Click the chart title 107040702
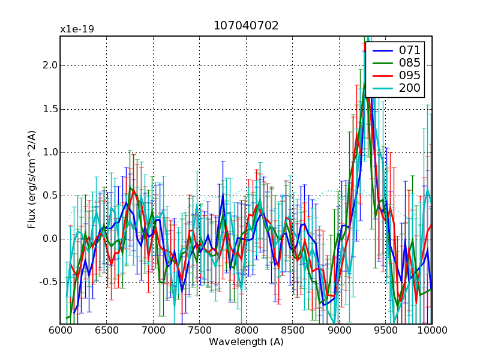click(246, 26)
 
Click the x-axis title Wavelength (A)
click(246, 342)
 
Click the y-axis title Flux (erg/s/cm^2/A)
click(31, 180)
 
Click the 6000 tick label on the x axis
click(60, 331)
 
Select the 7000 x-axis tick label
click(153, 331)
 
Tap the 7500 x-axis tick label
click(200, 331)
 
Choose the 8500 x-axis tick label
click(293, 331)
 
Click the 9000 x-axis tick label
click(339, 331)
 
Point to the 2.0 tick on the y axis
click(48, 65)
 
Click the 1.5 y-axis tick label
click(48, 109)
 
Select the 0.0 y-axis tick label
click(48, 239)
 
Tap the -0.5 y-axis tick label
click(46, 282)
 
